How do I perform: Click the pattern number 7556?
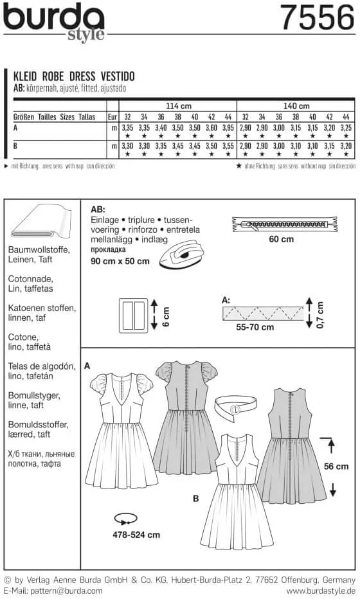[x=317, y=17]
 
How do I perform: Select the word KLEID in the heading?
[x=26, y=75]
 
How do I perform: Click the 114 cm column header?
[x=178, y=106]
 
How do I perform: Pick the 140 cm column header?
[x=296, y=106]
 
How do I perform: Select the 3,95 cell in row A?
[x=228, y=129]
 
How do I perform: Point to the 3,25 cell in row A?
[x=346, y=129]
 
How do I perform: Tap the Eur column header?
[x=112, y=118]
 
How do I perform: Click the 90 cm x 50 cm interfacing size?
[x=120, y=262]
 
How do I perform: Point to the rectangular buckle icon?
[x=134, y=315]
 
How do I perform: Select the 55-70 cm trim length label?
[x=255, y=327]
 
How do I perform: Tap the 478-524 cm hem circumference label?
[x=137, y=534]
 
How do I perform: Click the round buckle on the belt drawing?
[x=237, y=409]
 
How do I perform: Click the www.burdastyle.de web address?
[x=319, y=590]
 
